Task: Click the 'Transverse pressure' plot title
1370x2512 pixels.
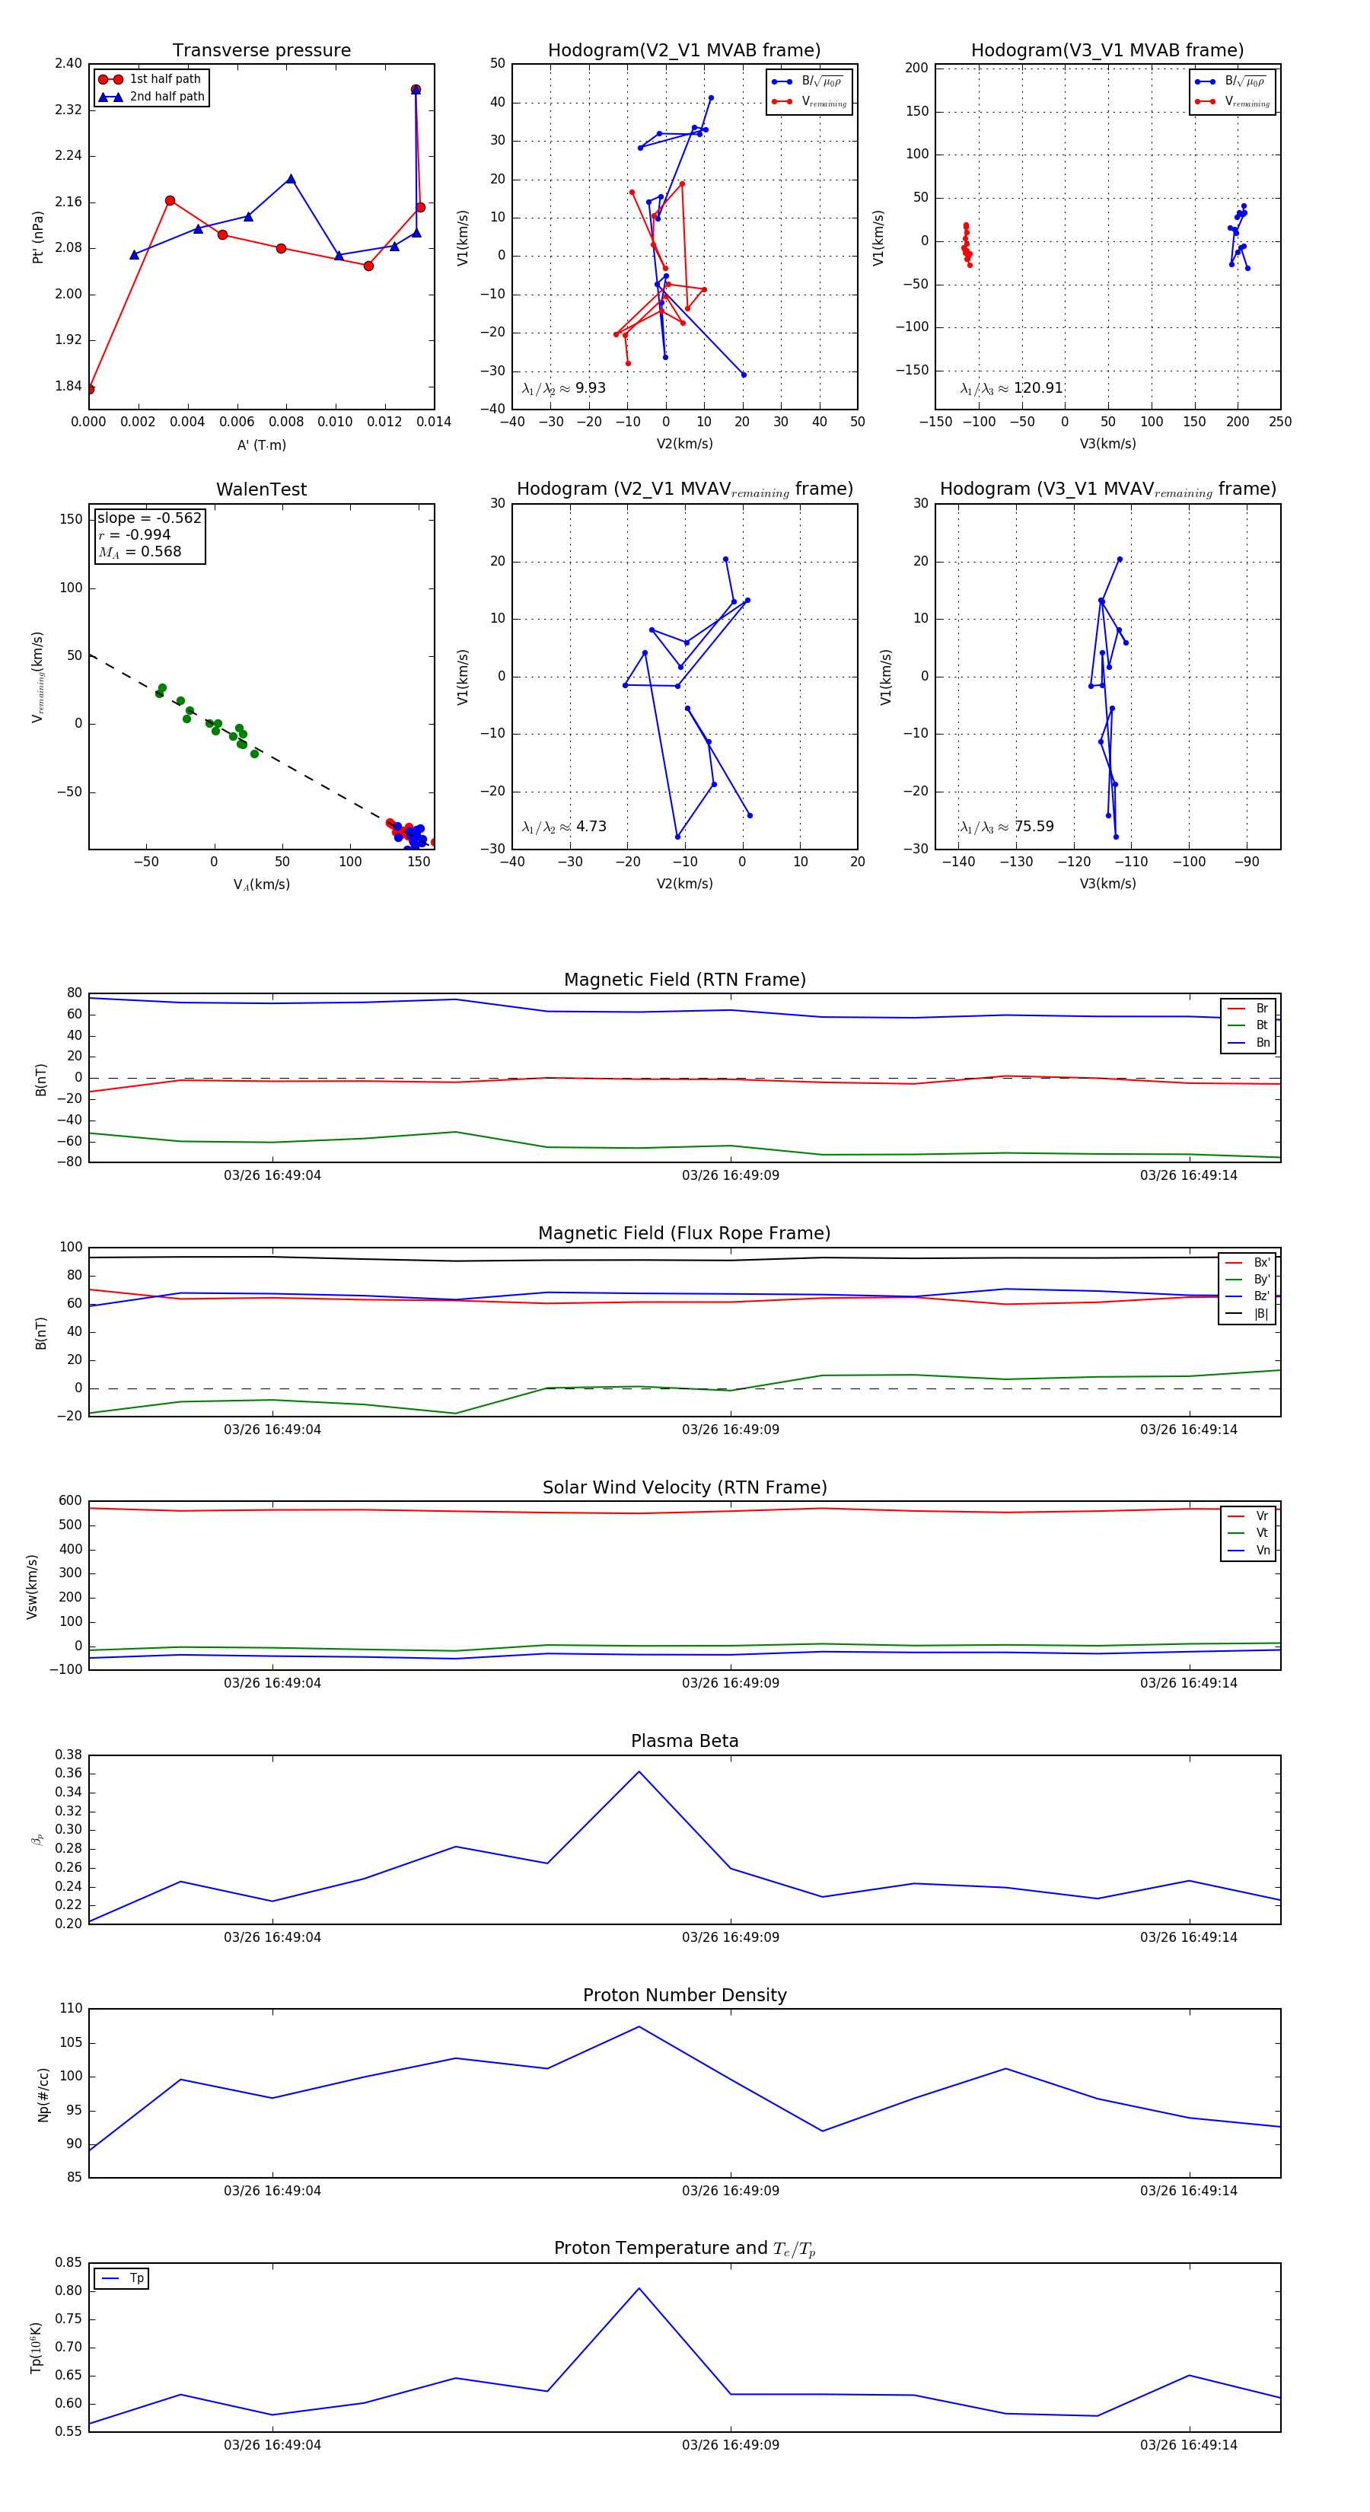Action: coord(261,51)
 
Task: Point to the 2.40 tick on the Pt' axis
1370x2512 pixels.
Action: coord(68,65)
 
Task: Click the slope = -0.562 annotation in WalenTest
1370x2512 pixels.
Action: coord(148,518)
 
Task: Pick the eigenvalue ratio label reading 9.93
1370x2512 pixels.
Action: coord(563,388)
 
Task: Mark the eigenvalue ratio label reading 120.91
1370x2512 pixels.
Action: coord(1012,388)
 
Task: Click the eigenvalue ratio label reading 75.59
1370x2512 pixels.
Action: coord(1006,827)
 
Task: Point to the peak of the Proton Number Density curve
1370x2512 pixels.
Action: coord(639,2026)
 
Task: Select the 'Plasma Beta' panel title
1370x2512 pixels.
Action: coord(684,1741)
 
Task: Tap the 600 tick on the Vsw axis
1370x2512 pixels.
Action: coord(70,1501)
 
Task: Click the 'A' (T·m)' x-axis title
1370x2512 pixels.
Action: coord(261,445)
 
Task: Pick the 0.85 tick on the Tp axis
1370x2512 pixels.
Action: coord(68,2262)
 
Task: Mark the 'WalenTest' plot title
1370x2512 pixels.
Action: coord(261,489)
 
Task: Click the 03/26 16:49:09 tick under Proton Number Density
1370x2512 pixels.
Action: coord(731,2190)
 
